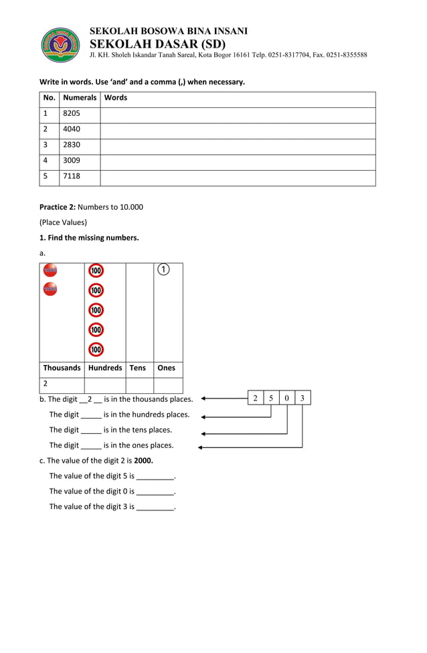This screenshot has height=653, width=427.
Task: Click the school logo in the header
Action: pyautogui.click(x=61, y=45)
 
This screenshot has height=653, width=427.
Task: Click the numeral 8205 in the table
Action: pyautogui.click(x=72, y=114)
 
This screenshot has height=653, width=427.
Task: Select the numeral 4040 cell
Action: pyautogui.click(x=72, y=129)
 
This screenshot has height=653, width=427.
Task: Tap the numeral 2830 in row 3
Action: pyautogui.click(x=72, y=145)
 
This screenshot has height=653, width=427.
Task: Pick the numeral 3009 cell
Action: pyautogui.click(x=72, y=161)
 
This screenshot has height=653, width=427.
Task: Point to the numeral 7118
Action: pyautogui.click(x=72, y=176)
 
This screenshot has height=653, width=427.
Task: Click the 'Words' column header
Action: pyautogui.click(x=116, y=98)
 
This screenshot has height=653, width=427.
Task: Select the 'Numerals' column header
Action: pyautogui.click(x=80, y=98)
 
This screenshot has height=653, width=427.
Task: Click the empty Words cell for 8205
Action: pyautogui.click(x=238, y=114)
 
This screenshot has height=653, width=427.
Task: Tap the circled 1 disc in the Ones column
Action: pyautogui.click(x=163, y=270)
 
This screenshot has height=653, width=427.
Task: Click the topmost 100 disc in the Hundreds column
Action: pyautogui.click(x=96, y=271)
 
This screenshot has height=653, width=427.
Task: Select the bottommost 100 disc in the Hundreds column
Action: pyautogui.click(x=96, y=350)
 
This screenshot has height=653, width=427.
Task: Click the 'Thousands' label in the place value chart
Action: pyautogui.click(x=62, y=368)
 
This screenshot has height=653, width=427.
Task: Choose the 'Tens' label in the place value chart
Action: pyautogui.click(x=137, y=368)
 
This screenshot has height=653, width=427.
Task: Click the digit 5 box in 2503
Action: pyautogui.click(x=271, y=398)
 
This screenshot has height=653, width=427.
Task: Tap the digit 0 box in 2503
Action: pyautogui.click(x=287, y=398)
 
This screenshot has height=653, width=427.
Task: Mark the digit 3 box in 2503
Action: pyautogui.click(x=303, y=398)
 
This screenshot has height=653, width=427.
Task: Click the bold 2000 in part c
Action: pyautogui.click(x=143, y=461)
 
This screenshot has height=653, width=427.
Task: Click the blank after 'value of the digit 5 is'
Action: pyautogui.click(x=155, y=477)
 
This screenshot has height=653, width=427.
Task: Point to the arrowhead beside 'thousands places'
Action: pyautogui.click(x=203, y=399)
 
